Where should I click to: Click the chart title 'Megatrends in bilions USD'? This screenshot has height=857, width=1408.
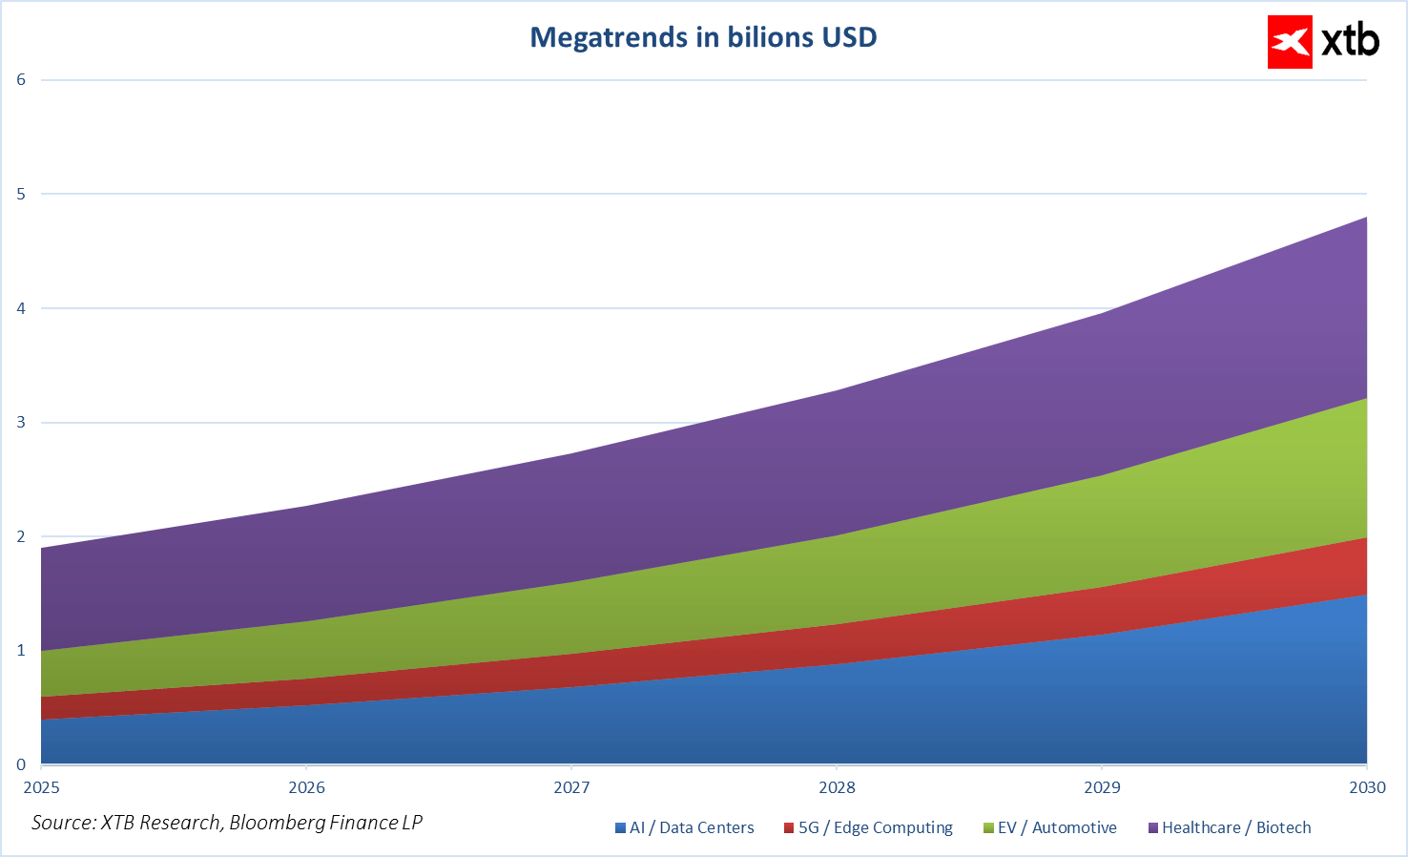[x=703, y=37]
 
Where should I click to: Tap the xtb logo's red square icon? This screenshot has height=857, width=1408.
[x=1290, y=42]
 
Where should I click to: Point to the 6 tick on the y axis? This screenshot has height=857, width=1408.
[x=21, y=79]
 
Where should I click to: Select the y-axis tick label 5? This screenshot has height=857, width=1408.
[x=21, y=194]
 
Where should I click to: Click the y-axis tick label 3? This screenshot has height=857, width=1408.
[x=21, y=422]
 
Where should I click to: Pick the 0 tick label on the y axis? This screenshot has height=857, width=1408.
[x=21, y=764]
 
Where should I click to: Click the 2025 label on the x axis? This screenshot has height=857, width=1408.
[x=41, y=787]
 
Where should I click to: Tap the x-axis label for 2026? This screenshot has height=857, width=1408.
[x=306, y=787]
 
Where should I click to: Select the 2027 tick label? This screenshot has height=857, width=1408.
[x=571, y=787]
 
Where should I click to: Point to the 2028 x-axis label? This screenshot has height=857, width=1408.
[x=837, y=787]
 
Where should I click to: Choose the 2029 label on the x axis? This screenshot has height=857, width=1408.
[x=1102, y=787]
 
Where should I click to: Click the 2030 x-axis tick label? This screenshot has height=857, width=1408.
[x=1367, y=787]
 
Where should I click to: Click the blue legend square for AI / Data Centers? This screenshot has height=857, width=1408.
[x=621, y=828]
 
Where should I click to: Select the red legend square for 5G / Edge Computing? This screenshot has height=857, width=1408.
[x=789, y=828]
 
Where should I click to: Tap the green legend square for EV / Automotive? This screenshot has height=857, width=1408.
[x=988, y=828]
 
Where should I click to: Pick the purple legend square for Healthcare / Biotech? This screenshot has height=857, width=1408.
[x=1152, y=828]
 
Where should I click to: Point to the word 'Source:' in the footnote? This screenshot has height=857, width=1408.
[x=64, y=823]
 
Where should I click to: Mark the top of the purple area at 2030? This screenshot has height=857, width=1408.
[x=1366, y=218]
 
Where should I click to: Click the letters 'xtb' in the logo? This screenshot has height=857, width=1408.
[x=1350, y=41]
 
